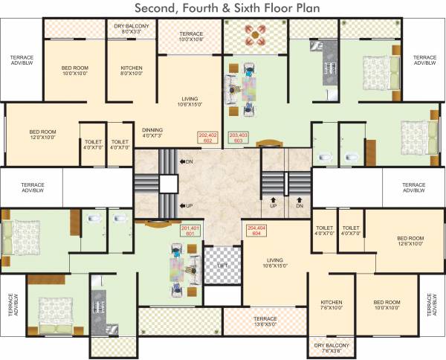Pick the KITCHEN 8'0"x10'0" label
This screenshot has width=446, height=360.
pos(131,71)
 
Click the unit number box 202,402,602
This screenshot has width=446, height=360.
pos(207,137)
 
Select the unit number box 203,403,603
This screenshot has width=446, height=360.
pos(238,137)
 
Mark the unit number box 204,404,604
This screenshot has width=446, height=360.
pos(256,230)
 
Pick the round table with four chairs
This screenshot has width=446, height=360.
pos(264,37)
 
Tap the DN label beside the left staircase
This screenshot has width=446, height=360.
pos(188,161)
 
